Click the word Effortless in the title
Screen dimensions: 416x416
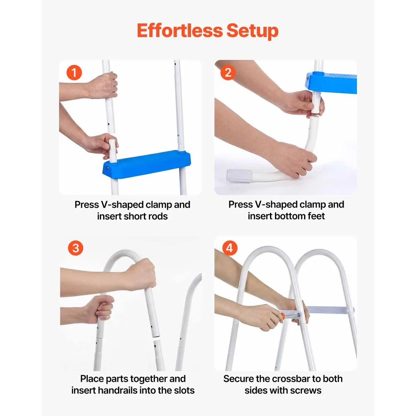180,30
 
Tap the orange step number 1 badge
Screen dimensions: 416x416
74,73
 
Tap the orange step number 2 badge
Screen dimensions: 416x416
228,72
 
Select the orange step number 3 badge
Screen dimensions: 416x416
76,248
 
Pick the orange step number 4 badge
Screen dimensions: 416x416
230,248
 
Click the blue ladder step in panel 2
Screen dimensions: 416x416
331,82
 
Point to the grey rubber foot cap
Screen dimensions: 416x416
239,176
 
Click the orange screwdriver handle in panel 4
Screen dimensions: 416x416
283,316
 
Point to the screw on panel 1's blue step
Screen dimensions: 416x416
107,168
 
